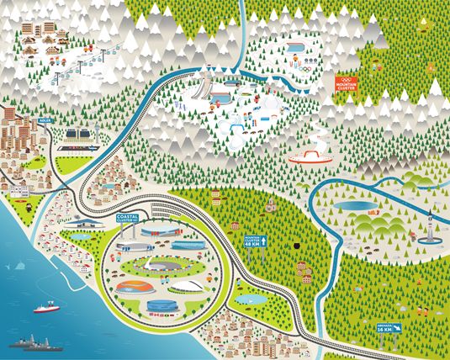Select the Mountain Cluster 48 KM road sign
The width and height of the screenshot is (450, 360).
coord(254,241)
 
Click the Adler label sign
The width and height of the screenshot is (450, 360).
coord(34,131)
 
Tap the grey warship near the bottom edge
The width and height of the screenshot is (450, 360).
coord(35,344)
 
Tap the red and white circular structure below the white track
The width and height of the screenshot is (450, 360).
coord(310,156)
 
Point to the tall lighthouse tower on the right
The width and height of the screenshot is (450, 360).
coord(429,225)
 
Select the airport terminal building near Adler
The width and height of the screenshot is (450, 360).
coord(79,135)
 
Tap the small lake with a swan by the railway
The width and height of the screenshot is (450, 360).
coord(249,299)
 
